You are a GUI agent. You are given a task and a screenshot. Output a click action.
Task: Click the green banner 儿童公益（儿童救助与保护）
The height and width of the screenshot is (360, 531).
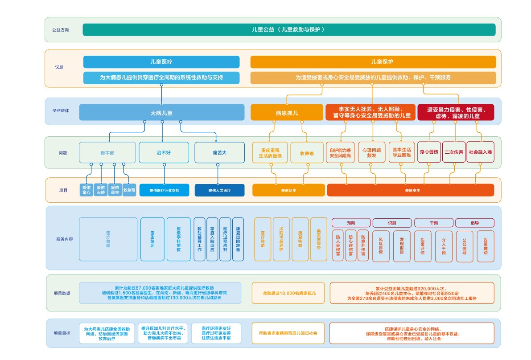click(x=289, y=30)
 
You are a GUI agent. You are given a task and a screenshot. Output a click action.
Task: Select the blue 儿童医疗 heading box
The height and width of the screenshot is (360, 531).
click(x=161, y=62)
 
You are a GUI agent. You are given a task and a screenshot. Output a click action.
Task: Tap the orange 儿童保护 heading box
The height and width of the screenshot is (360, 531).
click(x=373, y=62)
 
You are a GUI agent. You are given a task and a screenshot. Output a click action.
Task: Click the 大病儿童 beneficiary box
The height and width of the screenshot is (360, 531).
click(x=162, y=113)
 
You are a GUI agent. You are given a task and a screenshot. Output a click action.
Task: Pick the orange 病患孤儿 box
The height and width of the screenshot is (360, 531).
click(x=286, y=113)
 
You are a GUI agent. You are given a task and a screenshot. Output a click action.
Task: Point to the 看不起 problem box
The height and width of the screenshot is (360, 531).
click(x=107, y=152)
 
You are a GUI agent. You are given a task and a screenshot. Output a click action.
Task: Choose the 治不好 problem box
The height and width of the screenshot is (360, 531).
click(x=164, y=152)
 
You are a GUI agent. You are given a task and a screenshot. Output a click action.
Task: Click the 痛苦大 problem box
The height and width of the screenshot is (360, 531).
click(x=219, y=152)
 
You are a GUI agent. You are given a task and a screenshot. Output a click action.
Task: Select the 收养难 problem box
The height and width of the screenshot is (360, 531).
click(x=307, y=153)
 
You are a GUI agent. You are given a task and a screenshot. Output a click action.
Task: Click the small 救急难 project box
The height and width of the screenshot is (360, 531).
click(x=129, y=190)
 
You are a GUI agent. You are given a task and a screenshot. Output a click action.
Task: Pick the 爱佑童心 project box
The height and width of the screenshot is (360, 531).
click(x=86, y=190)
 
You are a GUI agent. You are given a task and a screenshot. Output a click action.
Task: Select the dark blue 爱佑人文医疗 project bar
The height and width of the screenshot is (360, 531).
click(x=219, y=190)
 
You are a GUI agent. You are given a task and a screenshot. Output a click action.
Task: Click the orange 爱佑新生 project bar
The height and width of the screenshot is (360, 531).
click(x=288, y=190)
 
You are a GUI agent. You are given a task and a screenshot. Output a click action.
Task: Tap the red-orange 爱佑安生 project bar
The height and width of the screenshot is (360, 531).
click(x=410, y=190)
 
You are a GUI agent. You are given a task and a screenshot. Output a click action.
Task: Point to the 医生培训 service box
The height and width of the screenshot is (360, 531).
click(x=152, y=239)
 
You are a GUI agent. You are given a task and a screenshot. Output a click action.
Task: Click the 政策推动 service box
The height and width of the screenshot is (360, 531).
click(x=486, y=246)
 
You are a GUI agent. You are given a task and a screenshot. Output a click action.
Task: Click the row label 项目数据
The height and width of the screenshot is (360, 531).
click(x=62, y=293)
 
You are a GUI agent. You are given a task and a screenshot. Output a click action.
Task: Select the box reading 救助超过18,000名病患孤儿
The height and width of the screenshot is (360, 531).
click(x=289, y=293)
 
